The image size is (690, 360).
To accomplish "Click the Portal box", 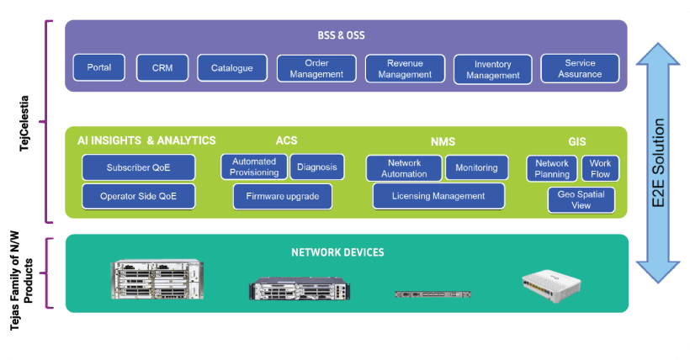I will (x=98, y=67).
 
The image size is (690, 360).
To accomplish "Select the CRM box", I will (x=162, y=67).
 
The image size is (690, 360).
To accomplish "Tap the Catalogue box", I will (x=232, y=67).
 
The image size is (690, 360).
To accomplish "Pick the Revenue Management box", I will (x=405, y=68).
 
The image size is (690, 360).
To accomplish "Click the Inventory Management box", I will (x=492, y=69).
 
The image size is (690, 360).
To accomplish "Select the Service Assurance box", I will (x=580, y=68).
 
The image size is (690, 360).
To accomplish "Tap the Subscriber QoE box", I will (x=138, y=167).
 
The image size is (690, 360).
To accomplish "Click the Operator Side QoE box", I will (x=138, y=196).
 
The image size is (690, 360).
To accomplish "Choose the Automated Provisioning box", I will (x=254, y=167).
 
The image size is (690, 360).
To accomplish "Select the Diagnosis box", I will (x=316, y=167).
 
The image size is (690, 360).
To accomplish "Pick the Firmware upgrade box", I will (x=283, y=196).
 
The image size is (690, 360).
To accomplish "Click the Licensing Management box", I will (x=438, y=196).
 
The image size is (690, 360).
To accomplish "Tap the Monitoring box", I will (x=476, y=167).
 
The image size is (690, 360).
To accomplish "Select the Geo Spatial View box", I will (x=581, y=199).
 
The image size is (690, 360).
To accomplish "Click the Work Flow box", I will (x=600, y=168).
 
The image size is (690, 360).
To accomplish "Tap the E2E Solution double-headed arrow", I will (x=659, y=163).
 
